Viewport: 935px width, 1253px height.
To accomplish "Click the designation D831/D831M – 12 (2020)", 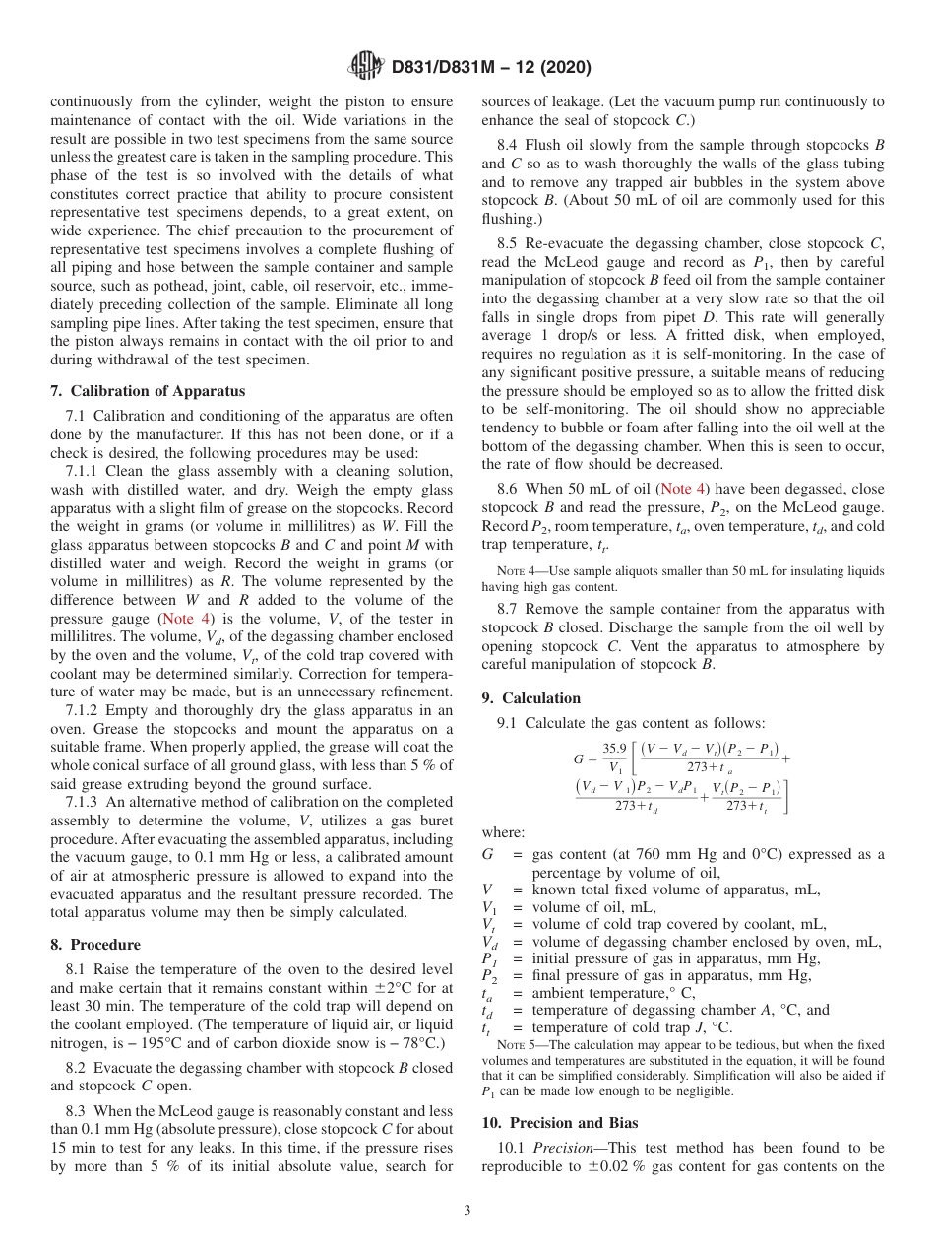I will tap(491, 68).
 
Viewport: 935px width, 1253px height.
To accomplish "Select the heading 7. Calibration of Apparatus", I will tap(148, 391).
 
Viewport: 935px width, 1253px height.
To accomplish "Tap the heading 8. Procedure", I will tap(95, 945).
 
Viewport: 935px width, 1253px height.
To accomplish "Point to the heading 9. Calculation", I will tap(530, 698).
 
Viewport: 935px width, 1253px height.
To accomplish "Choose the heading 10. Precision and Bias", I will tap(560, 1123).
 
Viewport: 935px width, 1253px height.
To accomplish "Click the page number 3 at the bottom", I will tap(467, 1211).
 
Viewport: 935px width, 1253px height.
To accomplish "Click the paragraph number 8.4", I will tap(510, 145).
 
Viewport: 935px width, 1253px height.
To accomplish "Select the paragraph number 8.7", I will tap(510, 610).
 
